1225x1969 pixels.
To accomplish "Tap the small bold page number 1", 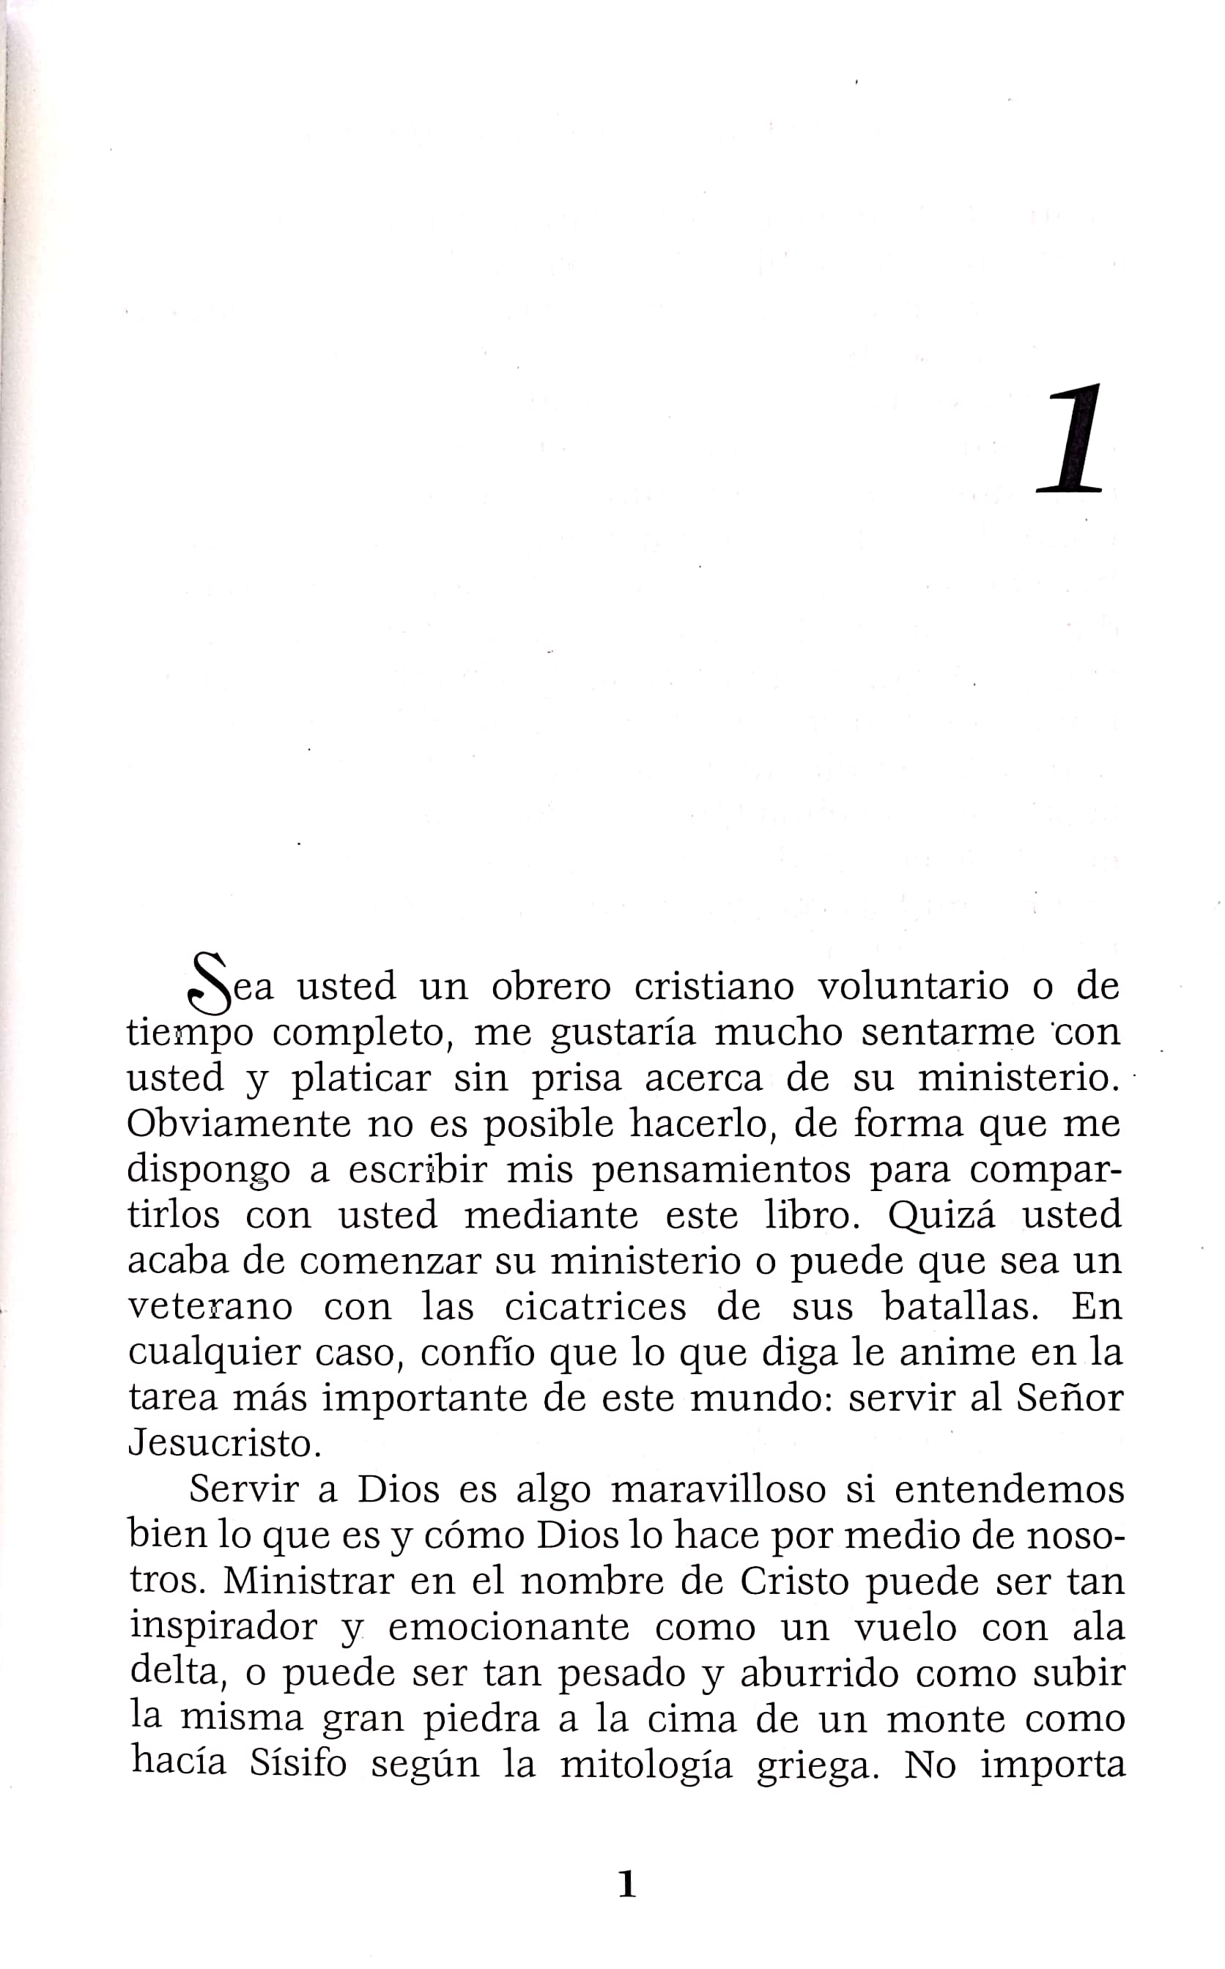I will click(626, 1884).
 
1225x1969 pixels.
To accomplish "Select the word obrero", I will click(551, 987).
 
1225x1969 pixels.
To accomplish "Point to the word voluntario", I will click(913, 987).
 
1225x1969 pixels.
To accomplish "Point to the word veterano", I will click(211, 1307).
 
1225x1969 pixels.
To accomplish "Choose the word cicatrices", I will click(596, 1307).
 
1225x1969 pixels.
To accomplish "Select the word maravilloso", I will click(718, 1491).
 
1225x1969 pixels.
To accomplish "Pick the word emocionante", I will click(508, 1627).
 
